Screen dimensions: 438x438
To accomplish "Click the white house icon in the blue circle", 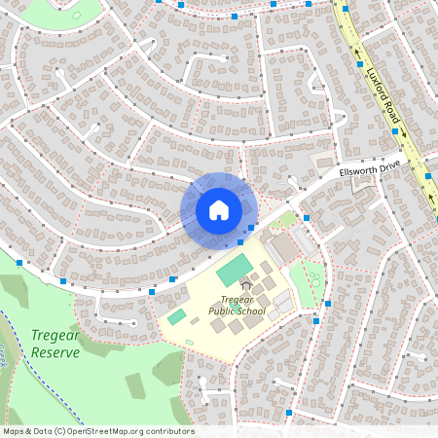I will [x=219, y=210].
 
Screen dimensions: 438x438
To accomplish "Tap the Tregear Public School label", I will [x=237, y=306].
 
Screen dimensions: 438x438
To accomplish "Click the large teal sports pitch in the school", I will [x=234, y=266].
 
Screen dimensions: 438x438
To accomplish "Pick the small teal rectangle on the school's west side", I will [x=176, y=316].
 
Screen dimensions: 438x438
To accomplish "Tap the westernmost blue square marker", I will [x=20, y=263].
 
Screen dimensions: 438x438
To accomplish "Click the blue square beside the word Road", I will [x=395, y=131].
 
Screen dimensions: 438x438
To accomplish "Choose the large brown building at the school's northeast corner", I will [x=283, y=249].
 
